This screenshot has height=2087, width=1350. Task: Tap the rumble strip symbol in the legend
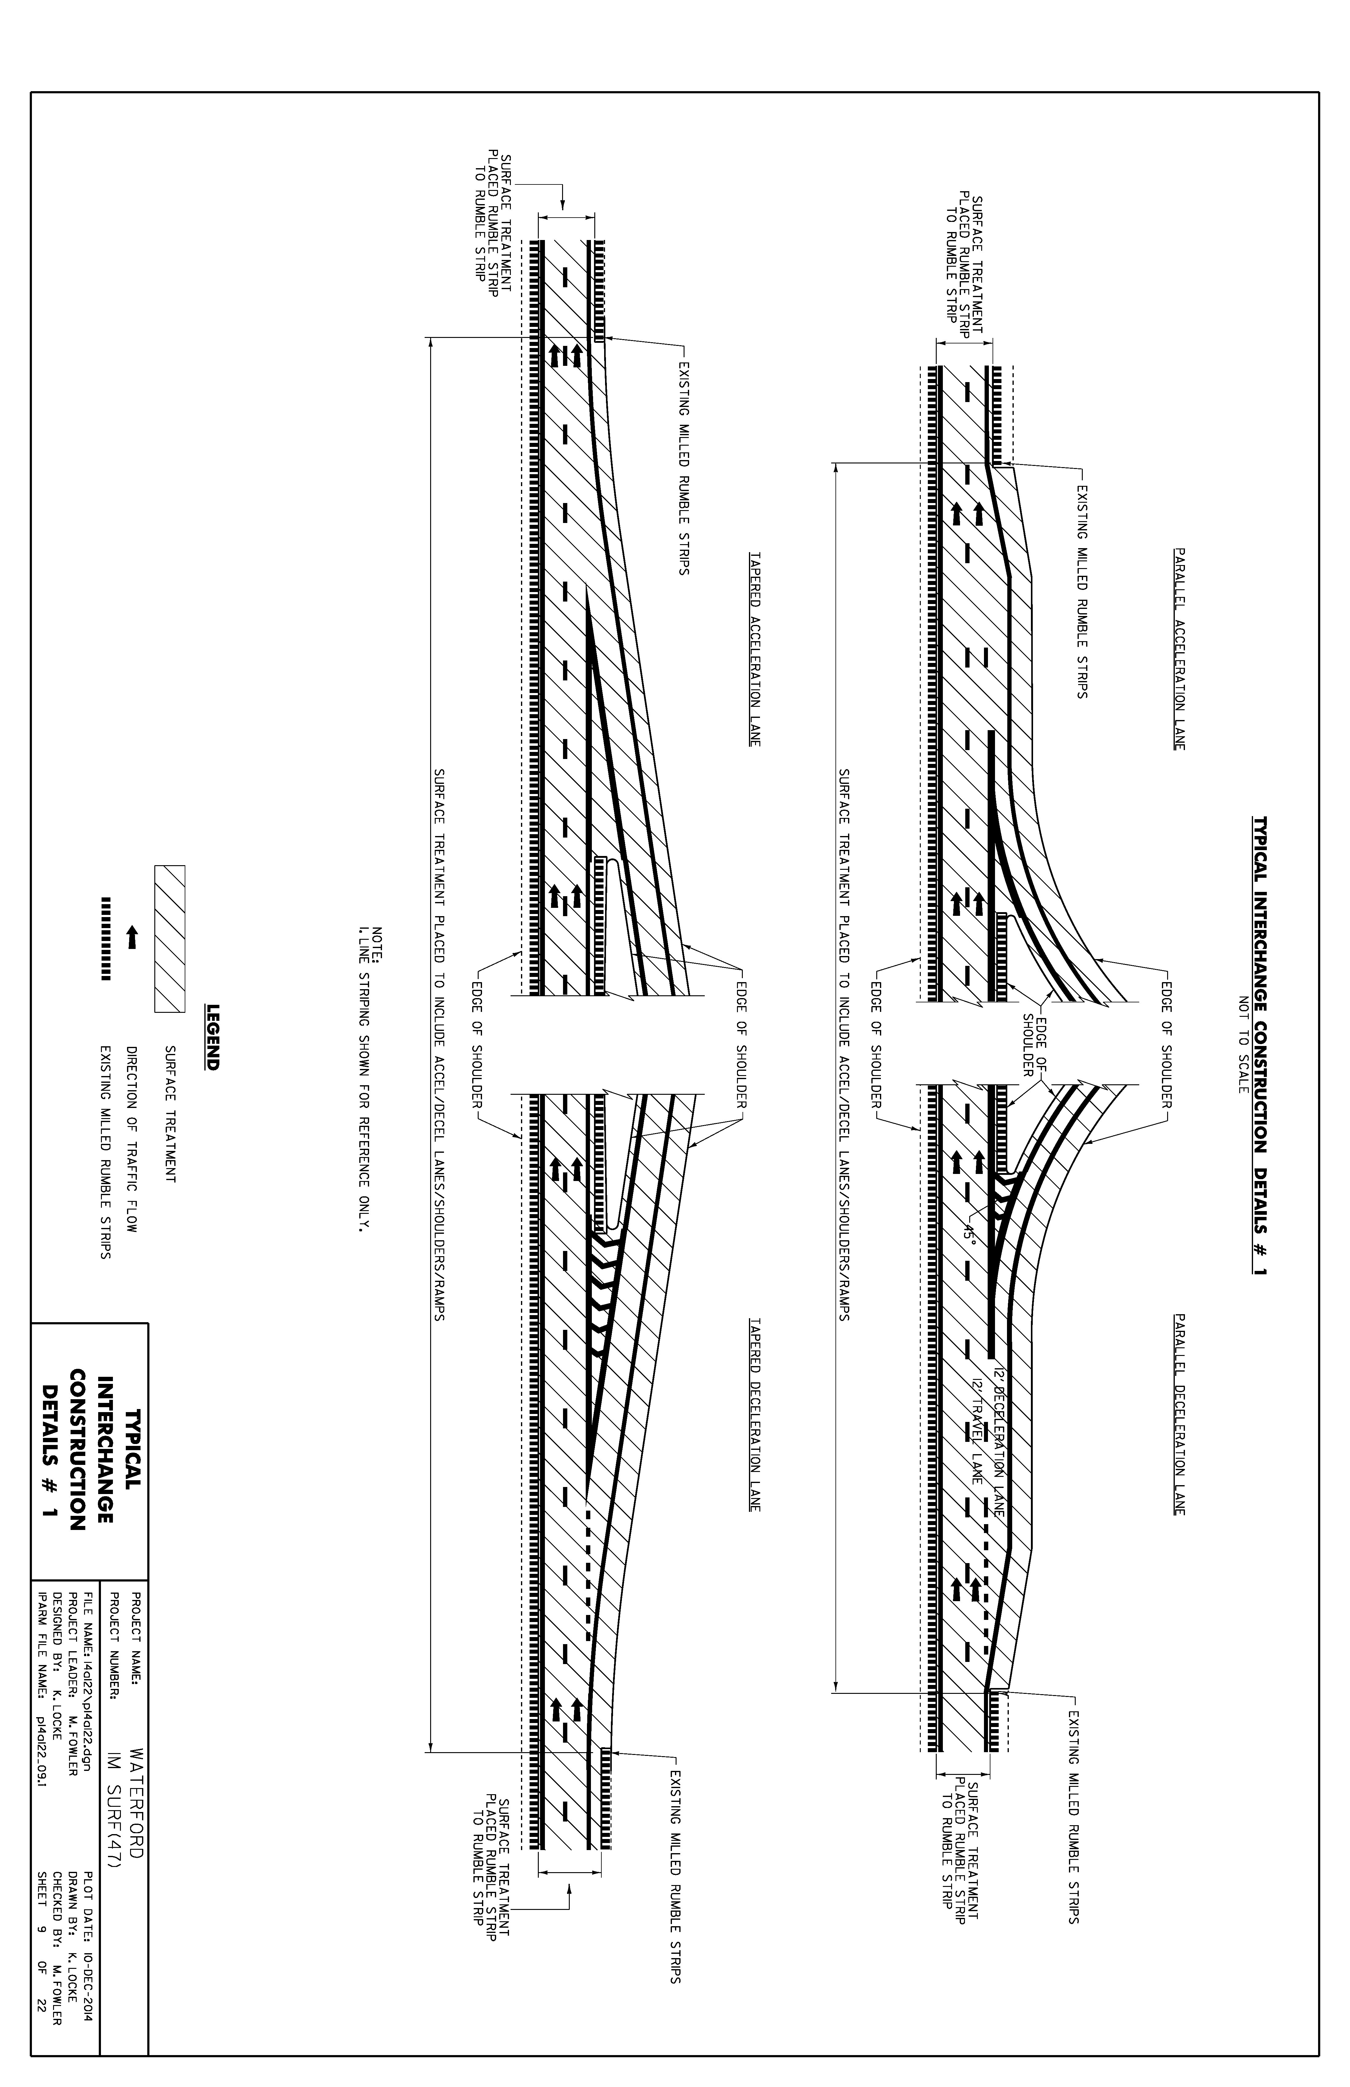pos(106,938)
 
